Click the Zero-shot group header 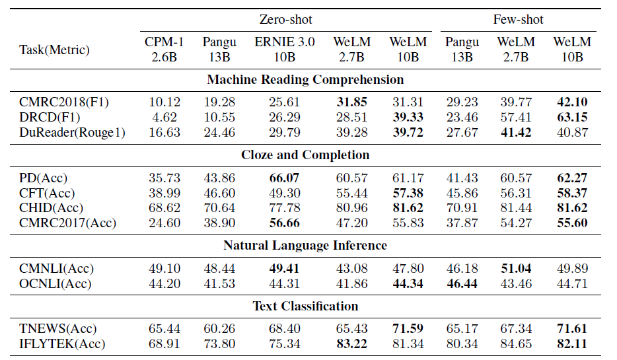(285, 20)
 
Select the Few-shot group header (517, 20)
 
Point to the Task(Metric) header (54, 50)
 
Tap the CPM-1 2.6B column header (164, 50)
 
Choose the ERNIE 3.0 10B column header (285, 50)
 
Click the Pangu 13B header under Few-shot (462, 50)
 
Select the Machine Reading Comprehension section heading (305, 80)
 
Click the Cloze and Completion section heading (305, 155)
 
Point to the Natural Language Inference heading (305, 246)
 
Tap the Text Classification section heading (305, 306)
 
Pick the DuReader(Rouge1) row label (73, 132)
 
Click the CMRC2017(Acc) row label (67, 223)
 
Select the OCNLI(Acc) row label (55, 283)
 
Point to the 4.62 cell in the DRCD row (164, 118)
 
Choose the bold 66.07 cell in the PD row (285, 178)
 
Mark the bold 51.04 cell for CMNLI (516, 268)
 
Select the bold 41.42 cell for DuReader (516, 132)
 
